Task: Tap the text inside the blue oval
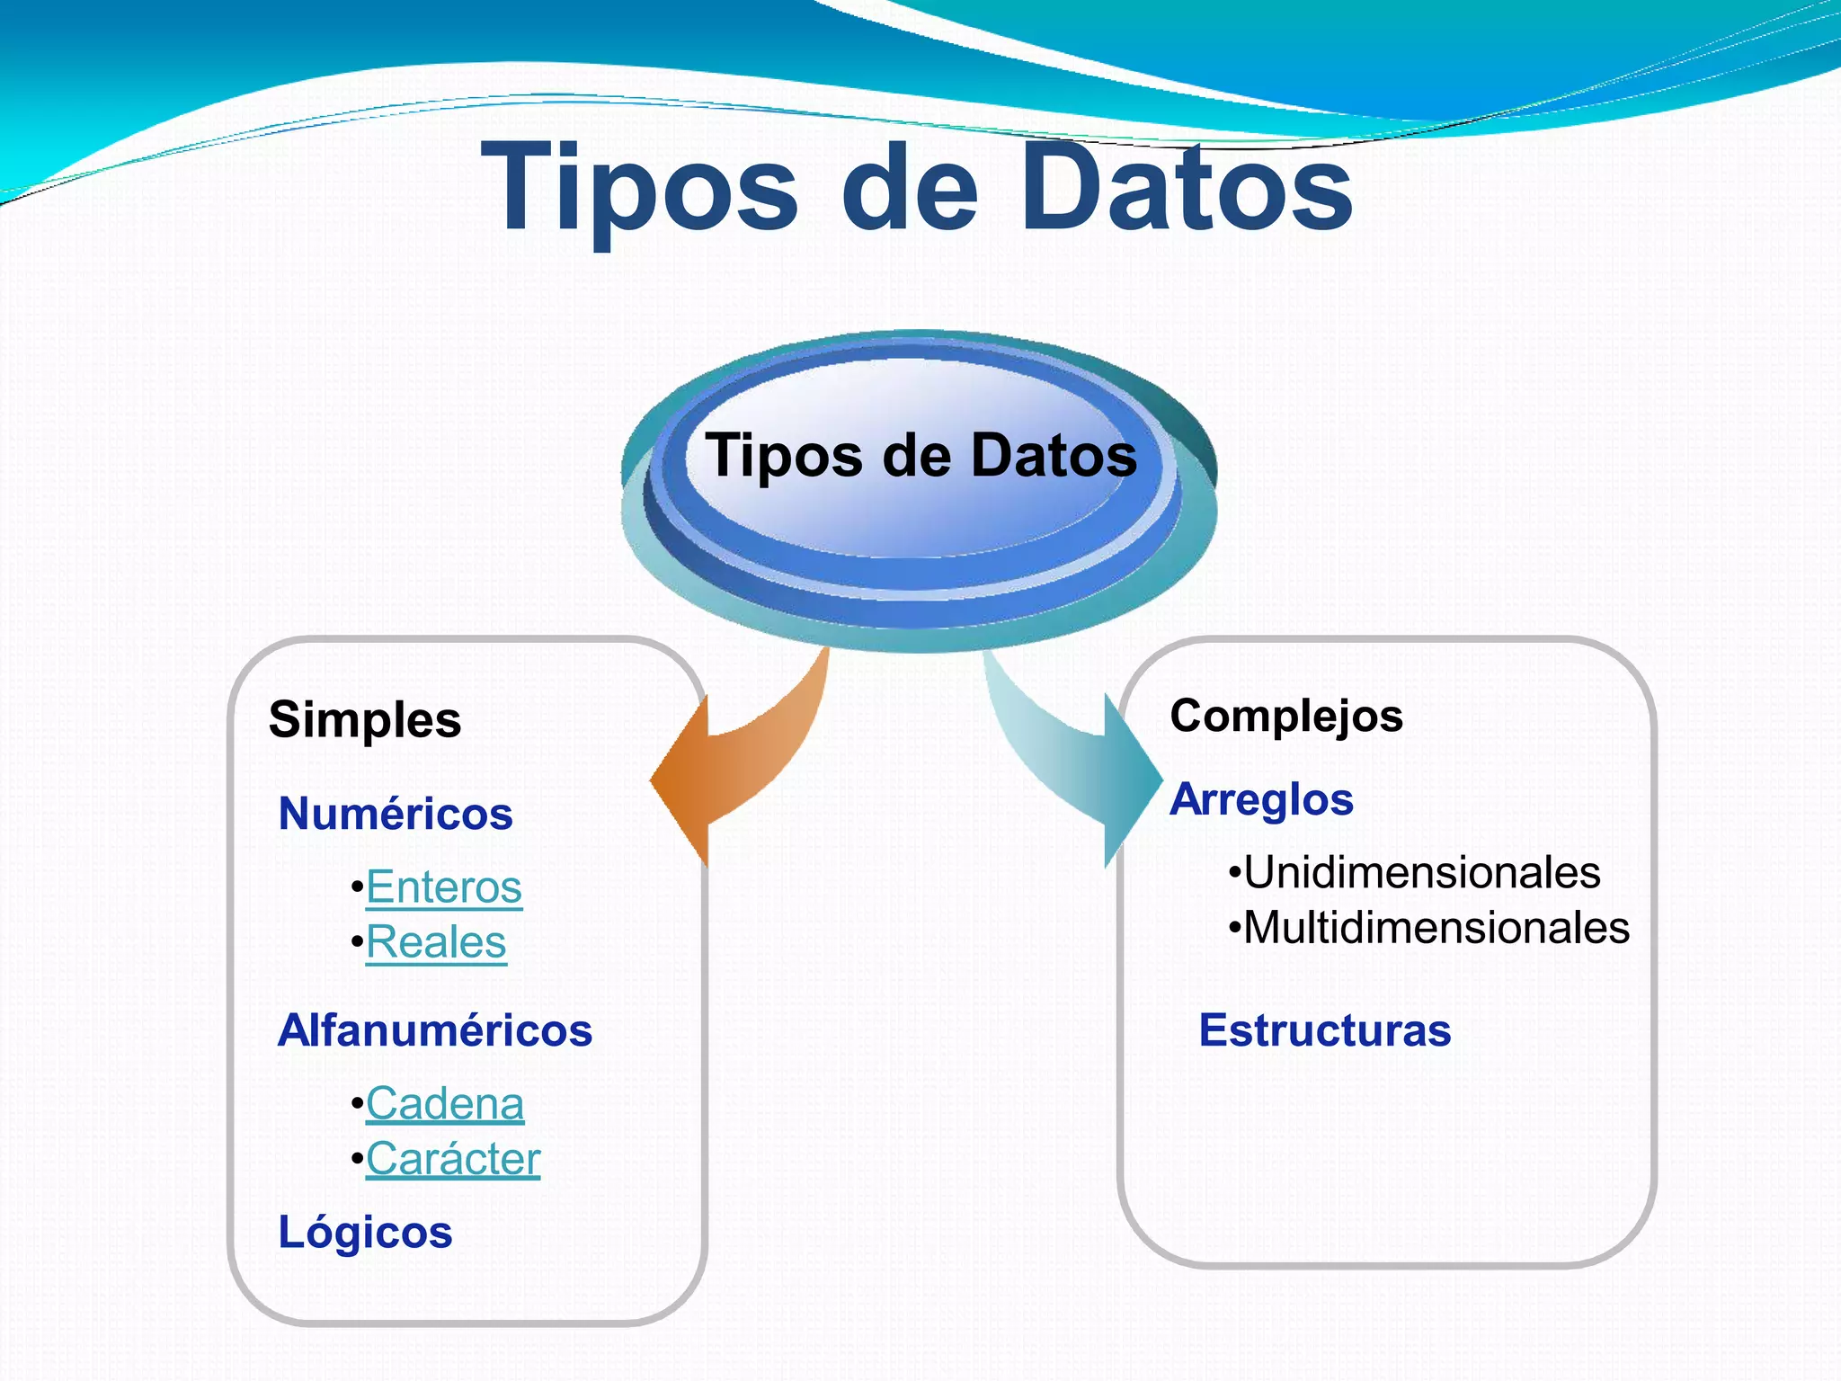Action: (920, 455)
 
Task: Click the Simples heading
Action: (365, 719)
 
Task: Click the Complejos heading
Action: (1286, 717)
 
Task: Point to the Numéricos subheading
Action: (396, 814)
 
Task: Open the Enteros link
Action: (444, 887)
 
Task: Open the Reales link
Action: (436, 942)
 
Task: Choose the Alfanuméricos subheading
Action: (435, 1030)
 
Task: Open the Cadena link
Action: (445, 1104)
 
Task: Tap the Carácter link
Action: (453, 1159)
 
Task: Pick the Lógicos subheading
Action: (365, 1232)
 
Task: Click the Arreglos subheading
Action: (1261, 799)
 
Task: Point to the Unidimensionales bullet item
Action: (1421, 872)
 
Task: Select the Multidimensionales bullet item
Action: (1436, 928)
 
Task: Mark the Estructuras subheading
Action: (1325, 1030)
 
